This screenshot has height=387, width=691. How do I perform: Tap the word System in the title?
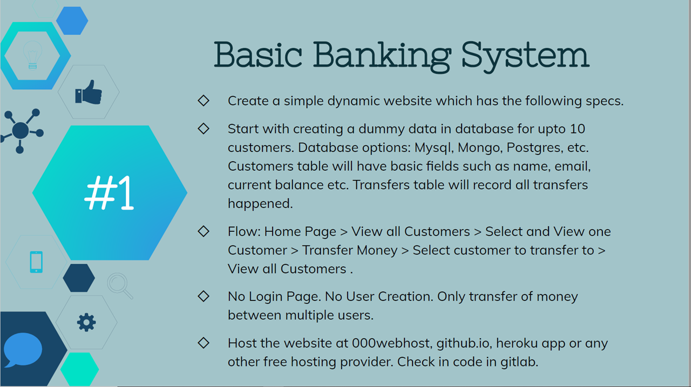pos(525,55)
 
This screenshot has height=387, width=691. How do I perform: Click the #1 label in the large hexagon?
pos(110,193)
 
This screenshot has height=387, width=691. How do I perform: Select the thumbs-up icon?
pos(89,92)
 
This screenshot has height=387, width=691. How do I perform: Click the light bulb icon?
pos(32,55)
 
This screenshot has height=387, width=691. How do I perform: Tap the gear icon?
pos(86,322)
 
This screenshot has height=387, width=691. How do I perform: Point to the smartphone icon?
pos(36,262)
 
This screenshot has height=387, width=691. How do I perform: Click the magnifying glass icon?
pos(119,285)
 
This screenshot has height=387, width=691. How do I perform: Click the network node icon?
pos(21,130)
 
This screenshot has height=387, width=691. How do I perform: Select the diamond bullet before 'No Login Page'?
pos(204,296)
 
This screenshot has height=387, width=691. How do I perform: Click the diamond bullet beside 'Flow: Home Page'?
pos(204,231)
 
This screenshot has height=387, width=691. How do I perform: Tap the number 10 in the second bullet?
pos(577,129)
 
